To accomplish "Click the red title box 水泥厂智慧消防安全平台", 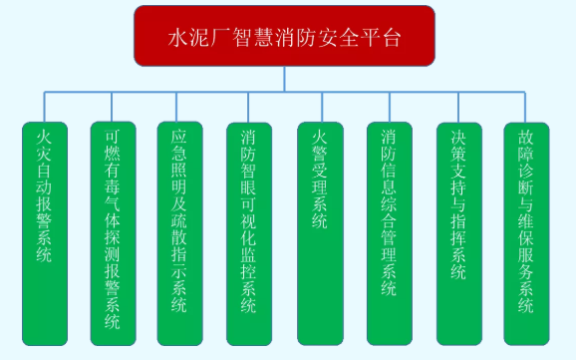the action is tap(284, 37).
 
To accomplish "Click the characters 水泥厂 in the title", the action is tap(193, 39).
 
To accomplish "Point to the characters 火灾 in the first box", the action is tap(43, 147).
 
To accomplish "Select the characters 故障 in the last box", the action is tap(526, 147).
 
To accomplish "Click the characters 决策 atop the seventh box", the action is tap(458, 147).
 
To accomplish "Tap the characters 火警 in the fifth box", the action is tap(319, 147).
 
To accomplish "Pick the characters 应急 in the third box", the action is tap(180, 147).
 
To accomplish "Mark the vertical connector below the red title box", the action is tap(285, 79).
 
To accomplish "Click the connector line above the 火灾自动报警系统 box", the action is tap(43, 107).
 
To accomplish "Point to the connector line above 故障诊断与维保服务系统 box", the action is tap(526, 107).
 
